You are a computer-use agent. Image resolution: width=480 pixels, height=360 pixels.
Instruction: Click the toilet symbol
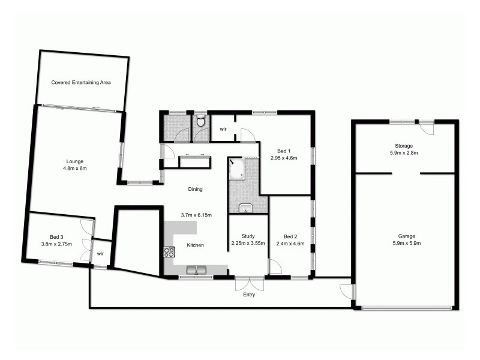pos(202,122)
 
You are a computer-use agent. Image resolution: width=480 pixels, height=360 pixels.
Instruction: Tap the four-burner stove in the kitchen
pos(169,253)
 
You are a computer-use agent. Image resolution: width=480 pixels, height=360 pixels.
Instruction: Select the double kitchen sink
pos(196,270)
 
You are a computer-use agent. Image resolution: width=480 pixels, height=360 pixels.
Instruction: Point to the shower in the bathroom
pos(237,169)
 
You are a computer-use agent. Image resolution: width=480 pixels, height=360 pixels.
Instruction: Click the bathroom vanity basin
pos(246,208)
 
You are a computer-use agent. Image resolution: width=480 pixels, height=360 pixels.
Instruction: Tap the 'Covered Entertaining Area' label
pos(81,82)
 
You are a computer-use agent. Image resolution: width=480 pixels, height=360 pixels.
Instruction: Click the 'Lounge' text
pos(75,161)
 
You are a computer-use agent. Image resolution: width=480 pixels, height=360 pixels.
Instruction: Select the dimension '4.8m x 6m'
pos(75,169)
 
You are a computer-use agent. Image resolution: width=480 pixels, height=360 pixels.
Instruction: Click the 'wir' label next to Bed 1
pos(223,129)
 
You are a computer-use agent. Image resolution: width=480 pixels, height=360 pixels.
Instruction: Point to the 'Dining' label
pos(196,189)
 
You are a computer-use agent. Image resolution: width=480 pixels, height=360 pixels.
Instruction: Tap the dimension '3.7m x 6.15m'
pos(196,215)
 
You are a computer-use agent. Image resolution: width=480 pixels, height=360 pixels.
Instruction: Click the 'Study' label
pos(248,236)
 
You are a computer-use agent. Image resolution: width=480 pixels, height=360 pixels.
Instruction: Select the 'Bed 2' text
pos(290,236)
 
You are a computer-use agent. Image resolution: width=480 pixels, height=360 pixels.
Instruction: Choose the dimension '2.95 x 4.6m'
pos(284,158)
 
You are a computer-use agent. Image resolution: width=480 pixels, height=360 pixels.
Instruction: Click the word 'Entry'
pos(248,295)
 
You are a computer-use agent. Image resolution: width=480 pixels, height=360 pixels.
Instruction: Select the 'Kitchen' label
pos(196,245)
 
